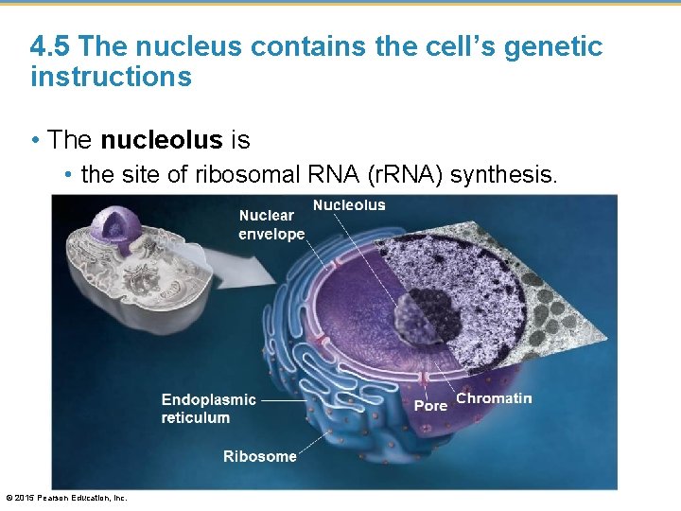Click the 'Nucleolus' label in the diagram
pyautogui.click(x=349, y=205)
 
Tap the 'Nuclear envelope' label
pyautogui.click(x=271, y=224)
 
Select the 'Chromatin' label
pyautogui.click(x=494, y=398)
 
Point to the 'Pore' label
pyautogui.click(x=430, y=405)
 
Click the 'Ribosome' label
pyautogui.click(x=259, y=456)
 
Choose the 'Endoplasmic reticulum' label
pyautogui.click(x=208, y=408)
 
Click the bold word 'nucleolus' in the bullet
pyautogui.click(x=162, y=141)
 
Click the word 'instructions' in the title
pyautogui.click(x=111, y=77)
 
